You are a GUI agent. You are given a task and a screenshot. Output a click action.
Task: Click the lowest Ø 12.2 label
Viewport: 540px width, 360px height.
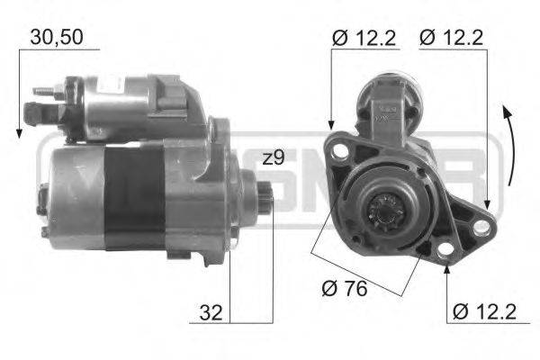tap(485, 312)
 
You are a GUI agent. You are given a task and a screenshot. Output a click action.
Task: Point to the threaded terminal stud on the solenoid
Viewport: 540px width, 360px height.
tap(42, 91)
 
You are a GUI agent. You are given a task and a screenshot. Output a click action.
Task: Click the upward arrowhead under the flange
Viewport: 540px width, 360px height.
tap(446, 271)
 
